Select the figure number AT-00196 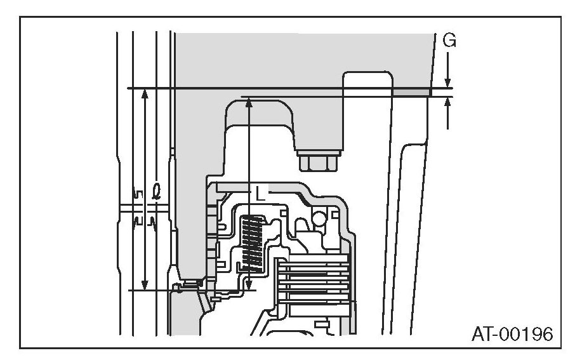pos(512,333)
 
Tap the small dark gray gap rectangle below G pos(411,93)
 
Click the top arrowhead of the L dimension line pos(249,102)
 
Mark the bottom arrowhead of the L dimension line pos(249,286)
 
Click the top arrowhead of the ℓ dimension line pos(145,94)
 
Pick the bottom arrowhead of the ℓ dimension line pos(145,284)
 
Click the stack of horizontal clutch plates pos(314,279)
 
